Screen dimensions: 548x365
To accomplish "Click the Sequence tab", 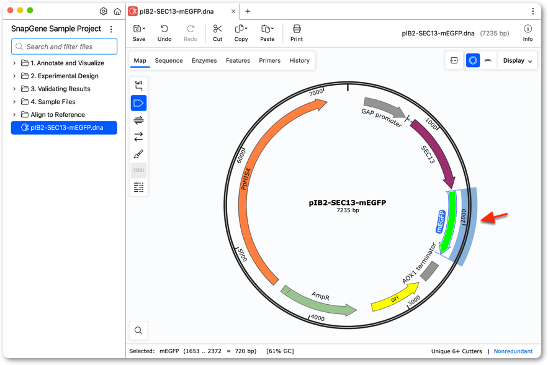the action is tap(169, 60).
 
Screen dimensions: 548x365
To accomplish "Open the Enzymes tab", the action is tap(204, 60).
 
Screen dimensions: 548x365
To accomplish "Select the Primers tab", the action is tap(269, 60).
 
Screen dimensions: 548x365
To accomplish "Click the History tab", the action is tap(300, 60).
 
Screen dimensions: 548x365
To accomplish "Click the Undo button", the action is tap(164, 34).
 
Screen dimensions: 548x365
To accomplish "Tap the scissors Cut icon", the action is tap(217, 29).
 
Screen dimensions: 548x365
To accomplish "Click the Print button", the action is tap(297, 34).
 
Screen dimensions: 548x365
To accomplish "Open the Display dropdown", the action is tap(517, 60).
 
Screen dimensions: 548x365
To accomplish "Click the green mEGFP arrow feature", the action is tap(450, 220).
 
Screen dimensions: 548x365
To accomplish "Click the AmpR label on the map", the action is tap(320, 296).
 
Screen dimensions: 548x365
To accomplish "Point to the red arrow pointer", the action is tap(494, 217).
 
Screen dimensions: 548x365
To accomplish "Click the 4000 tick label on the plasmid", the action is tap(318, 318).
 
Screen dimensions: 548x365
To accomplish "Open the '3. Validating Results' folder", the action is tap(60, 89).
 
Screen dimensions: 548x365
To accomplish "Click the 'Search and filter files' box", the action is tap(65, 47).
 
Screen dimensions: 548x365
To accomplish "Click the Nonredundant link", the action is tap(513, 351).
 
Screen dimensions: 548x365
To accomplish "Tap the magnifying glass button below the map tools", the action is tap(138, 330).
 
